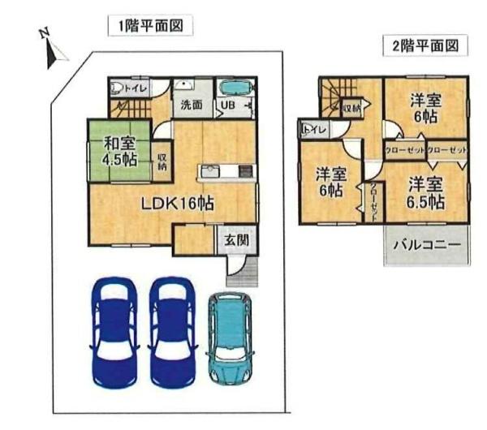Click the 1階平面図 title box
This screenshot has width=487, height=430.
tap(150, 27)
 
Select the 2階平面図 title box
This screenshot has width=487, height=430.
tap(425, 45)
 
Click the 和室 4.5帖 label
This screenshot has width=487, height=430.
tap(119, 152)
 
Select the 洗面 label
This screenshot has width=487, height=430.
tap(192, 105)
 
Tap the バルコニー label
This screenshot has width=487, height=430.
tap(427, 243)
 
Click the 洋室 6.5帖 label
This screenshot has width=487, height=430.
tap(425, 192)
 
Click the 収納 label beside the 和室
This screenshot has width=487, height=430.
tap(162, 161)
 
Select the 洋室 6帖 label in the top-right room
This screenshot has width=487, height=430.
tap(425, 109)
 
